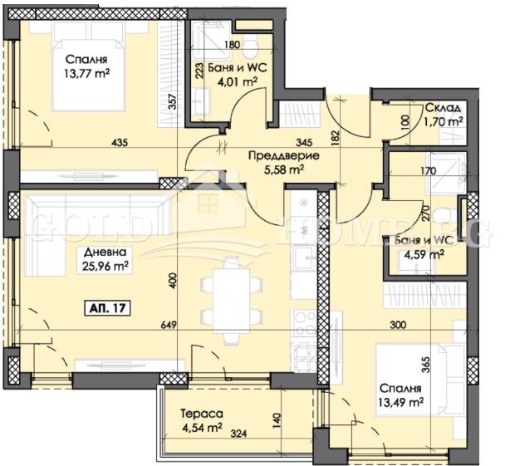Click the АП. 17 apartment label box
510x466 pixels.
click(x=107, y=308)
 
